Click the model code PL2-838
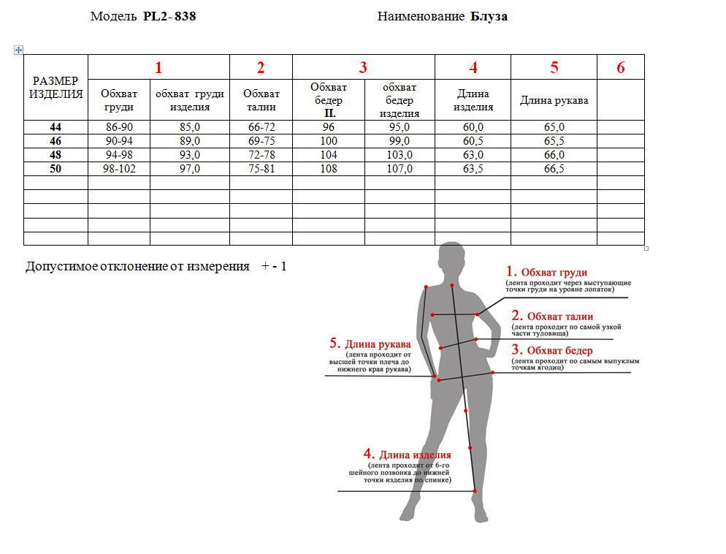[x=169, y=16]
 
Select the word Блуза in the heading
[x=489, y=16]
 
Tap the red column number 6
[x=620, y=68]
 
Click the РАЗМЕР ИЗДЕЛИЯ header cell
[x=56, y=87]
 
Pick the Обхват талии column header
[x=261, y=100]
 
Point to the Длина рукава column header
[x=554, y=100]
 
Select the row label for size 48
[x=56, y=155]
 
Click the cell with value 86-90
[x=118, y=127]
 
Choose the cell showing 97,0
[x=189, y=169]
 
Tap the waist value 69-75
[x=261, y=141]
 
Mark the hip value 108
[x=328, y=169]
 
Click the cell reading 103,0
[x=399, y=155]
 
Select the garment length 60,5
[x=473, y=141]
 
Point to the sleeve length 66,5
[x=554, y=169]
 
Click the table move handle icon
[x=18, y=50]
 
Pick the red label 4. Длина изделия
[x=408, y=455]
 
